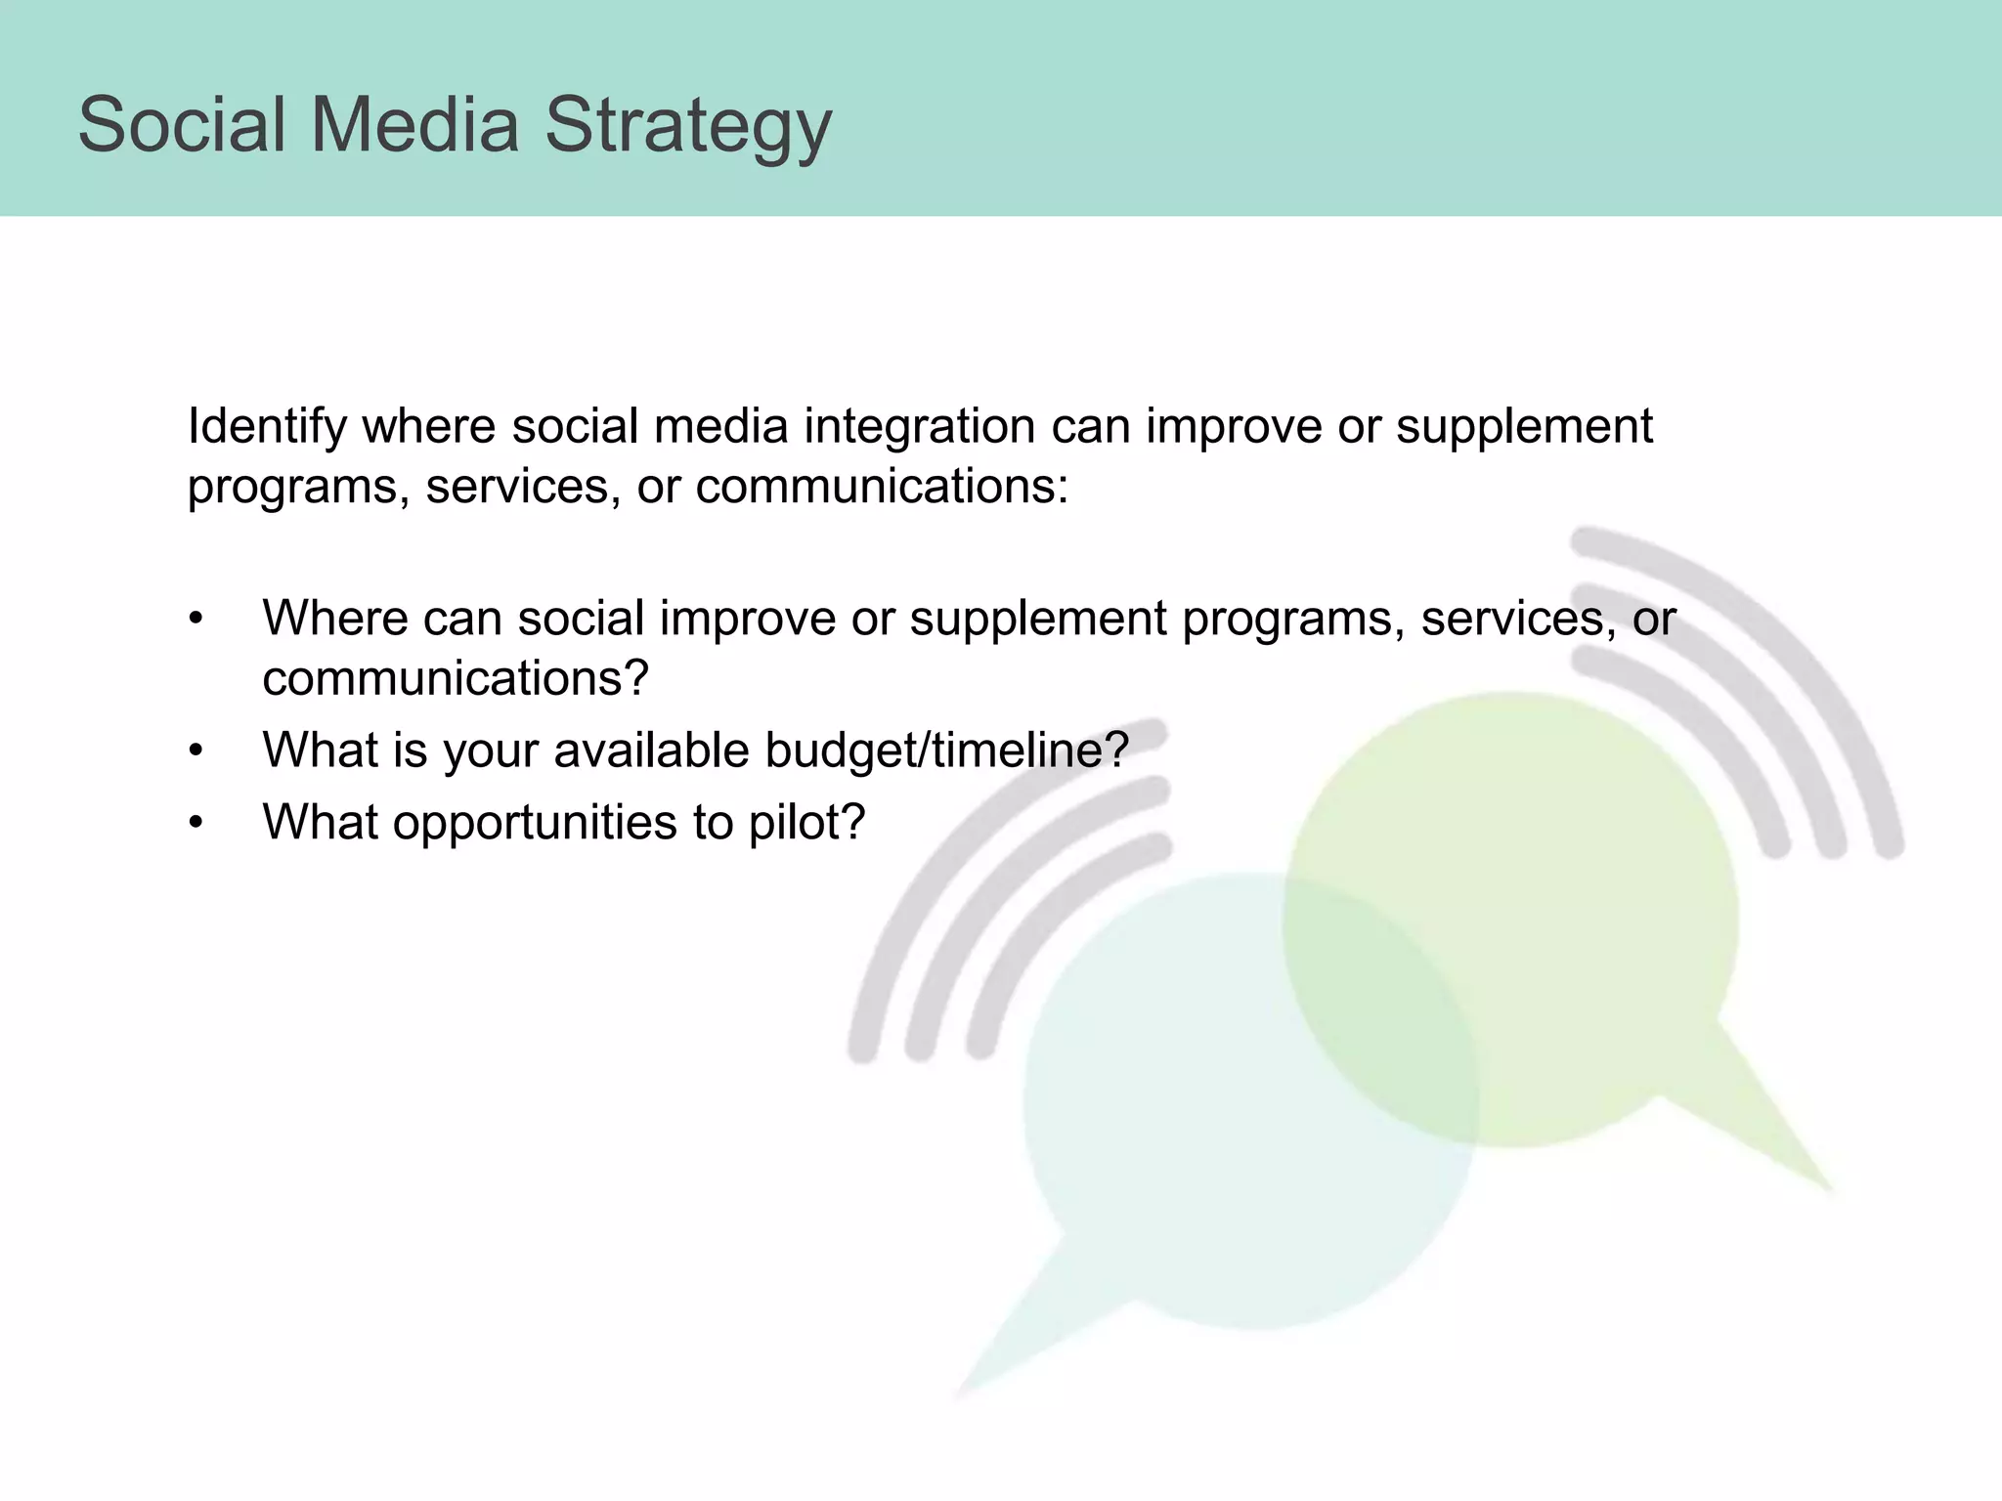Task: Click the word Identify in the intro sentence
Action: click(x=266, y=426)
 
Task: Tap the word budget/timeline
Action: click(x=945, y=750)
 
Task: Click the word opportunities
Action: click(x=534, y=823)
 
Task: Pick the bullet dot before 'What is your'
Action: click(x=196, y=751)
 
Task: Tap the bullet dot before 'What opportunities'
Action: click(x=196, y=823)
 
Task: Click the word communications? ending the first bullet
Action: click(x=456, y=678)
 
